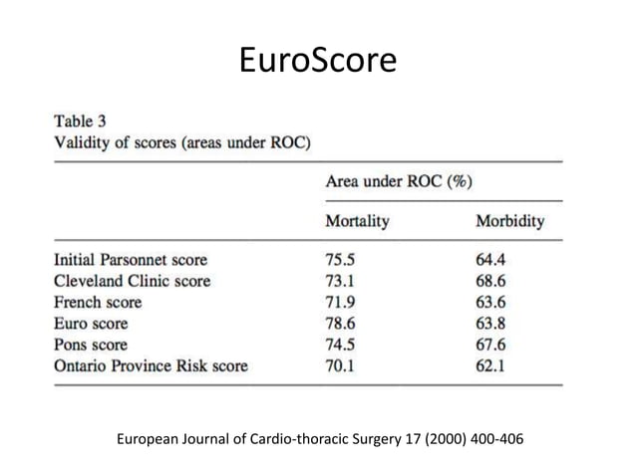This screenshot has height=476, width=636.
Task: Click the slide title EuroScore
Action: (x=318, y=62)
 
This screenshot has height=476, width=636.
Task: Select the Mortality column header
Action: (x=357, y=221)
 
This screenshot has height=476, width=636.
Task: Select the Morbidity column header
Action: (x=509, y=221)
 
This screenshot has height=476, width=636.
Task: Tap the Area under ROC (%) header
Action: (x=399, y=181)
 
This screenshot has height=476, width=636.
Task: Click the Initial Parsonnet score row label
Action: (x=130, y=260)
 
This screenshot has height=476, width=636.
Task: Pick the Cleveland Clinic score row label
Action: (x=132, y=281)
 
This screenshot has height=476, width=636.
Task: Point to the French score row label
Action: (x=97, y=302)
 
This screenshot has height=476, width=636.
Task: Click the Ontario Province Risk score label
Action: (x=150, y=365)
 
